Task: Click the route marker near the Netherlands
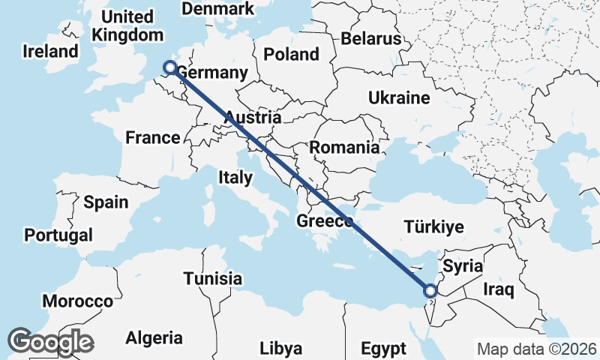coord(170,68)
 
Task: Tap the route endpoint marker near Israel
coord(430,291)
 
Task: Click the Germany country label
coord(211,73)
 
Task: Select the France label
coord(152,137)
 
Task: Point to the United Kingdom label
coord(127,25)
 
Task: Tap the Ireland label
coord(50,52)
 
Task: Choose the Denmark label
coord(218,9)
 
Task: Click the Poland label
coord(290,54)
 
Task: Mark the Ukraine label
coord(398,97)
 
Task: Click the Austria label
coord(253,118)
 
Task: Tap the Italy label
coord(235,177)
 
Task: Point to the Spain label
coord(106,202)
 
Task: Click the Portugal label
coord(58,235)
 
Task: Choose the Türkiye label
coord(433,226)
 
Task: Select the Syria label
coord(463,265)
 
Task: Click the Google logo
coord(50,341)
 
